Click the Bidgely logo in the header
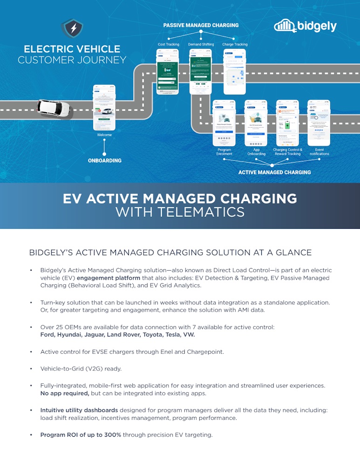(305, 26)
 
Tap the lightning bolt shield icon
(72, 28)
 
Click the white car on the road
(54, 108)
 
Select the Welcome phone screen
(104, 108)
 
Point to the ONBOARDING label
(105, 160)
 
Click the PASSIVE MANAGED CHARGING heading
(201, 25)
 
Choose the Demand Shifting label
(201, 45)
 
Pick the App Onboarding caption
(256, 151)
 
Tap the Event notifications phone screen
(319, 123)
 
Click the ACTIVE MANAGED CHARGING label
(274, 172)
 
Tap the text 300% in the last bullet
(112, 435)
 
